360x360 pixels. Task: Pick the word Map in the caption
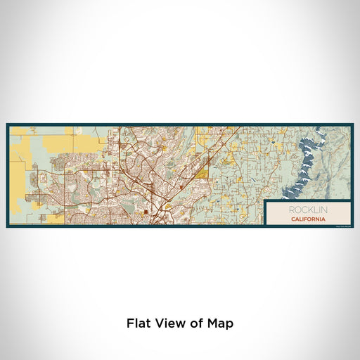pos(220,323)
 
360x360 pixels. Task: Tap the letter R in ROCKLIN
pos(288,210)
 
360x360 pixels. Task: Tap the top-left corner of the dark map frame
pos(7,124)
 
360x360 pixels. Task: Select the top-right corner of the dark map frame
pos(353,124)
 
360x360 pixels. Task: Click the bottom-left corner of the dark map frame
pos(7,226)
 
